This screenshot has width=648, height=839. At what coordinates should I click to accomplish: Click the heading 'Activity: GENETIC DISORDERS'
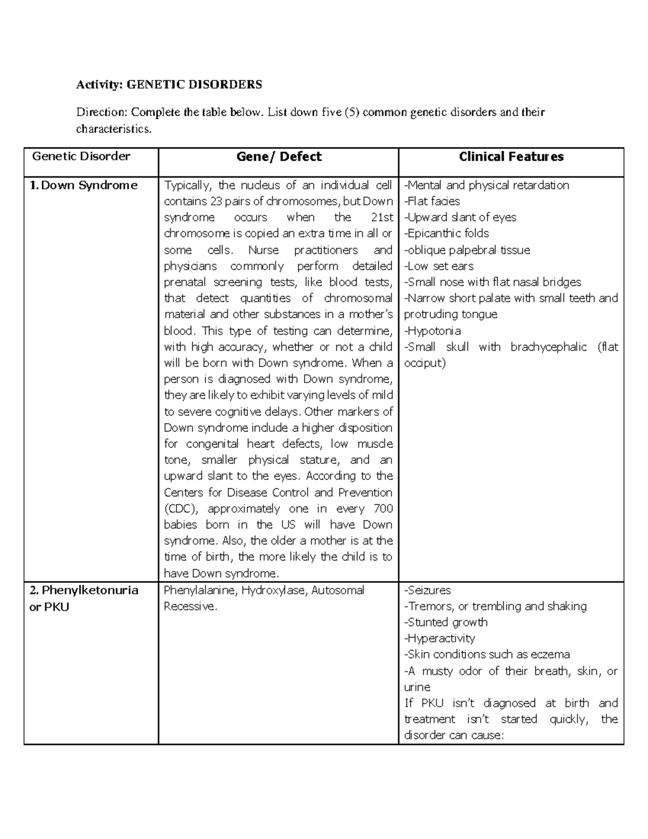pos(169,84)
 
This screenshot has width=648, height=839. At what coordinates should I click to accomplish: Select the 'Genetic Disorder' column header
pos(81,157)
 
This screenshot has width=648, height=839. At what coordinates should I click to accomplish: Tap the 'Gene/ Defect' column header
pos(279,157)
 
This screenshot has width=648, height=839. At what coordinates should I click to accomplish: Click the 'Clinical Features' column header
pos(511,157)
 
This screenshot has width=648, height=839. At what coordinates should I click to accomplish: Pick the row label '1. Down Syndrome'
pos(84,185)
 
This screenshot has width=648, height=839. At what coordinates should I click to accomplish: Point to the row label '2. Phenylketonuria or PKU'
pos(84,598)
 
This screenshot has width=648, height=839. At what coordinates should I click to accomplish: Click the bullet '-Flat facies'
pos(432,202)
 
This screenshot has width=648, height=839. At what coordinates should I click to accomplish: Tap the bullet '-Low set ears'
pos(439,266)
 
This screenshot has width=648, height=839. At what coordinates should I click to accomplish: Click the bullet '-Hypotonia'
pos(433,331)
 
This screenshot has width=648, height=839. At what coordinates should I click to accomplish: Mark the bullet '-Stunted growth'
pos(446,622)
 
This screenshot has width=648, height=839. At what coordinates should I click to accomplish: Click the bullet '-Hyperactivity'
pos(440,639)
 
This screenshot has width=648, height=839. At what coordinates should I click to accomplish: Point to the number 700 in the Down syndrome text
pos(383,509)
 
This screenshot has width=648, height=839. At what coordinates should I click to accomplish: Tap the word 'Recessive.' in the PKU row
pos(190,606)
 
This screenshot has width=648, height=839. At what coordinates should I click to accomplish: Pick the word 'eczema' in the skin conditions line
pos(550,655)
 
